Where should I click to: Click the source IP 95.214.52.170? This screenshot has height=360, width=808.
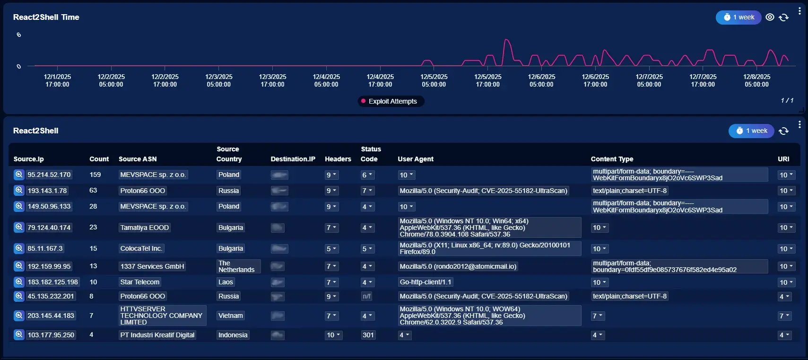(49, 175)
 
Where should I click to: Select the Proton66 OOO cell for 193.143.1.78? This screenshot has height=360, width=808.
(143, 191)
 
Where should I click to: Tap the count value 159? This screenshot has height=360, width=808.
(95, 175)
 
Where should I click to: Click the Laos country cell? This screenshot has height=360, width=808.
(226, 282)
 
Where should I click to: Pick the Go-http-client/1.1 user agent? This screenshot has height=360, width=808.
(426, 282)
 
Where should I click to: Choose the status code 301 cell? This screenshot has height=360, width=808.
(368, 335)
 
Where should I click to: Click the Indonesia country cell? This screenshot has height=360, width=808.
(233, 335)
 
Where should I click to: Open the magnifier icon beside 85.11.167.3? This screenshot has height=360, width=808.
(19, 248)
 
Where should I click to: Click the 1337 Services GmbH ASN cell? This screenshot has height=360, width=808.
(152, 266)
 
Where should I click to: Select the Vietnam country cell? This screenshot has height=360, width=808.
(231, 316)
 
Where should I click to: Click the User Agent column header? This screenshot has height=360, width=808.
(416, 159)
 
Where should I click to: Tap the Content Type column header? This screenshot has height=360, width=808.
(612, 159)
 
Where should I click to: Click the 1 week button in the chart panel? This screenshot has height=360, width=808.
(738, 18)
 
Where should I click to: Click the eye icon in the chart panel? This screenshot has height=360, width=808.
(770, 18)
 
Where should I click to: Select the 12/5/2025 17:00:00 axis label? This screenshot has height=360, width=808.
(488, 80)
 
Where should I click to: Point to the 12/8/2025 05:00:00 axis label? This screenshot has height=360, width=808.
(756, 80)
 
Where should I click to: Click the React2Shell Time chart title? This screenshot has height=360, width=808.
(46, 17)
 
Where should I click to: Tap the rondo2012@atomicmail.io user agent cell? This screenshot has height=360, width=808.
(458, 266)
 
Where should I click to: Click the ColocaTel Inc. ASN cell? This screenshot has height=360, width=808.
(141, 248)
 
